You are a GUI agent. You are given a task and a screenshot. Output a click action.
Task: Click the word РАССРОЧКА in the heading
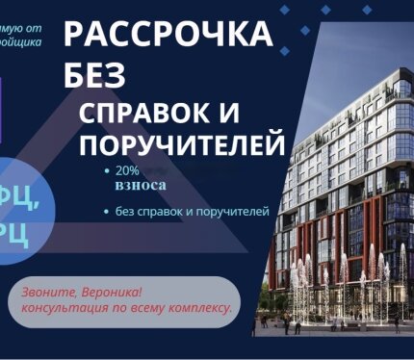pyautogui.click(x=167, y=36)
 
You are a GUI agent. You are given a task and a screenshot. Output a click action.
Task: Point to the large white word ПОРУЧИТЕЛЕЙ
pyautogui.click(x=182, y=145)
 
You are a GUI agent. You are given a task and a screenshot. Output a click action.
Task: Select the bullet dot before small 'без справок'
pyautogui.click(x=106, y=210)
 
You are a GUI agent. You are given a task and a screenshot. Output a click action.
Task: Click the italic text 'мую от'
pyautogui.click(x=23, y=28)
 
